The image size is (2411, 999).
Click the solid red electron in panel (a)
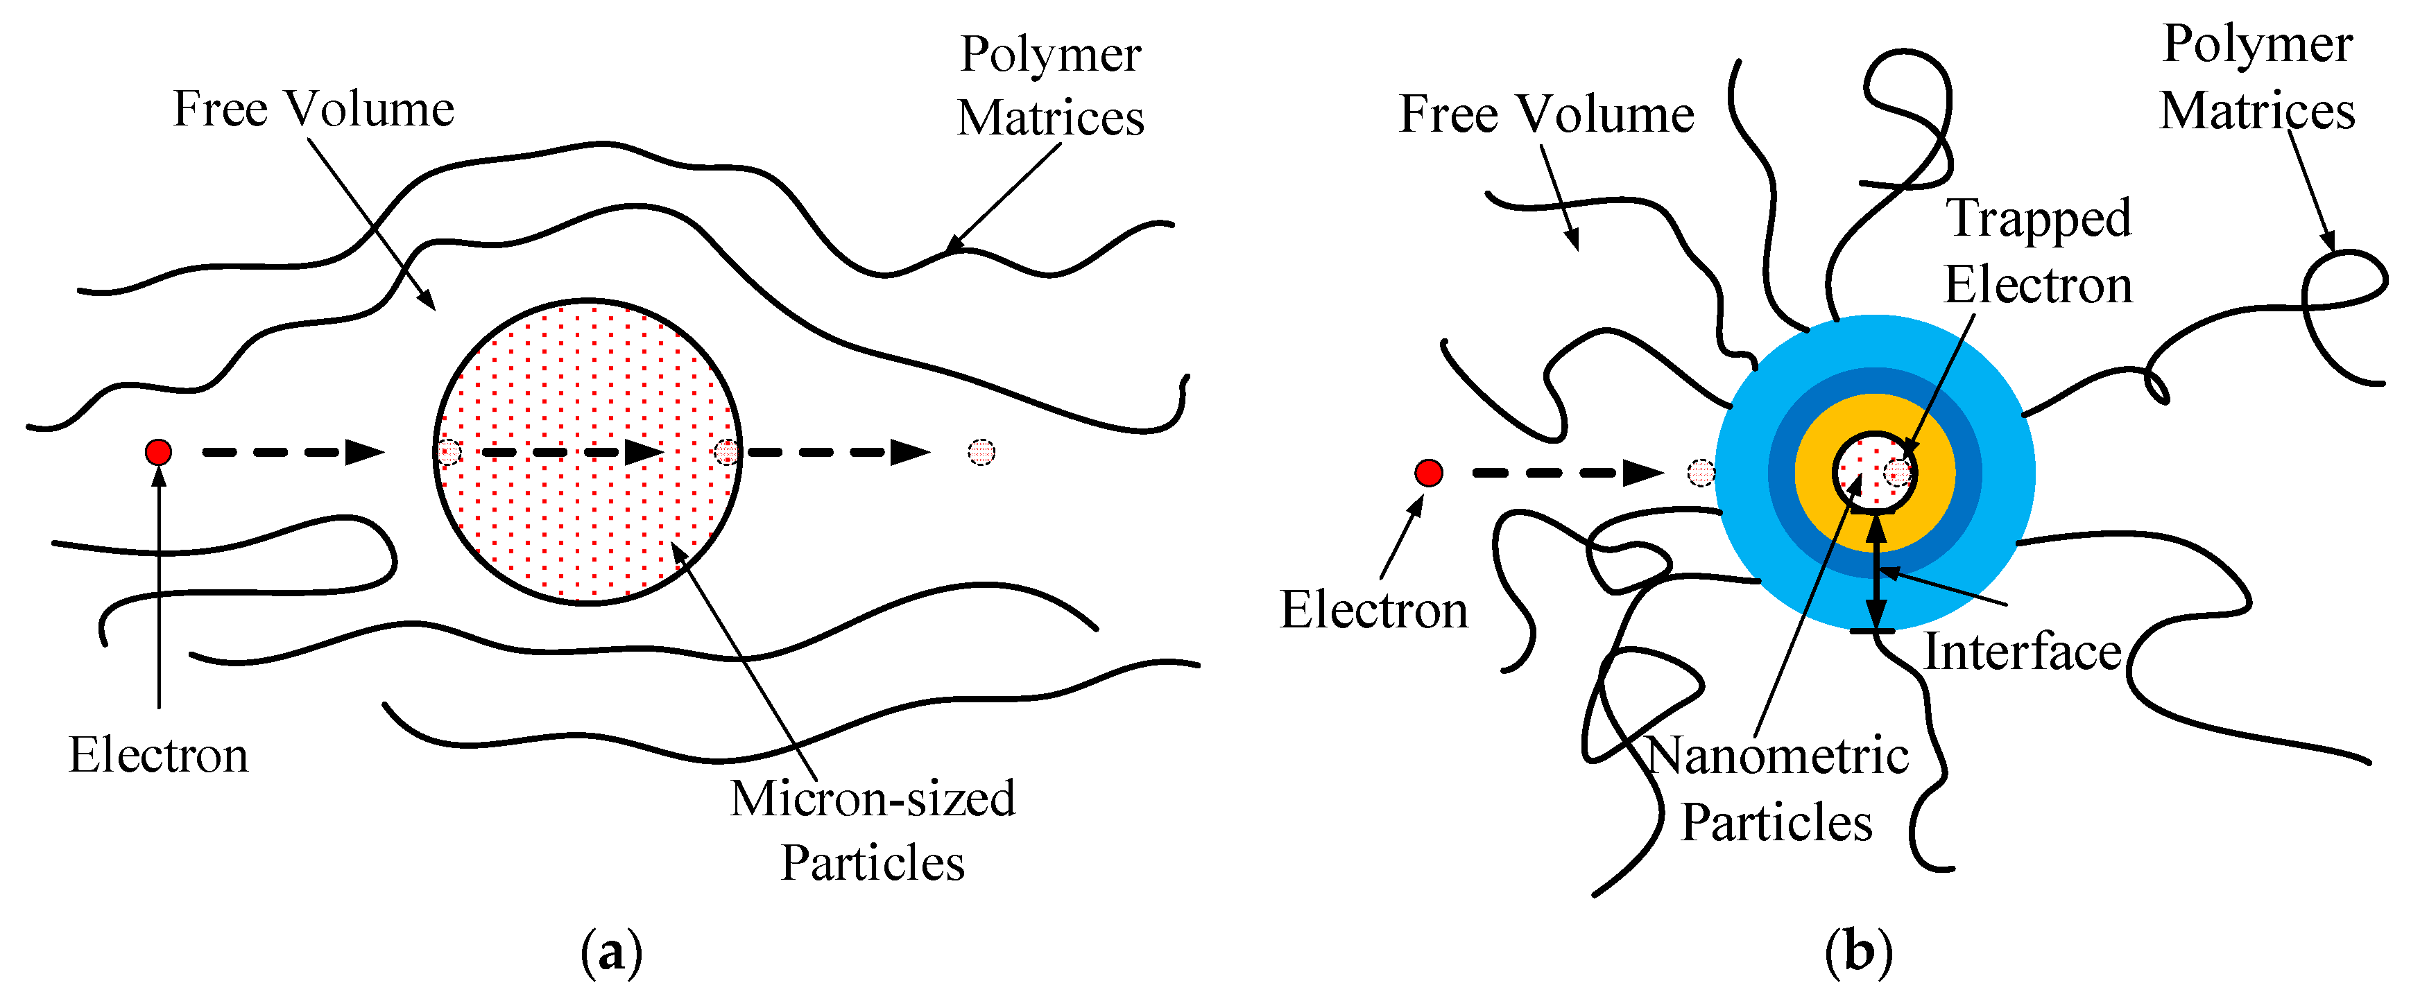(x=158, y=453)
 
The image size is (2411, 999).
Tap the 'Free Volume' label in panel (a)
(x=314, y=110)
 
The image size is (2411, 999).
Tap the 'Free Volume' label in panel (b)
(x=1546, y=115)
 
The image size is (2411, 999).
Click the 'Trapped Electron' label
(x=2039, y=252)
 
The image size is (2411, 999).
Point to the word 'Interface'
(x=2022, y=652)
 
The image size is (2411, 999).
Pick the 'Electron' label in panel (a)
(x=158, y=756)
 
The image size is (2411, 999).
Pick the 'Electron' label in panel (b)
(x=1373, y=611)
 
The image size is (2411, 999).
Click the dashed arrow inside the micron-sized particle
(x=571, y=453)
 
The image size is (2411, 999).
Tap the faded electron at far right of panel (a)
(x=981, y=453)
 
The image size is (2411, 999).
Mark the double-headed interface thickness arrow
(x=1876, y=573)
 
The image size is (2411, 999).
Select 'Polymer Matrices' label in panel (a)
(x=1050, y=86)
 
